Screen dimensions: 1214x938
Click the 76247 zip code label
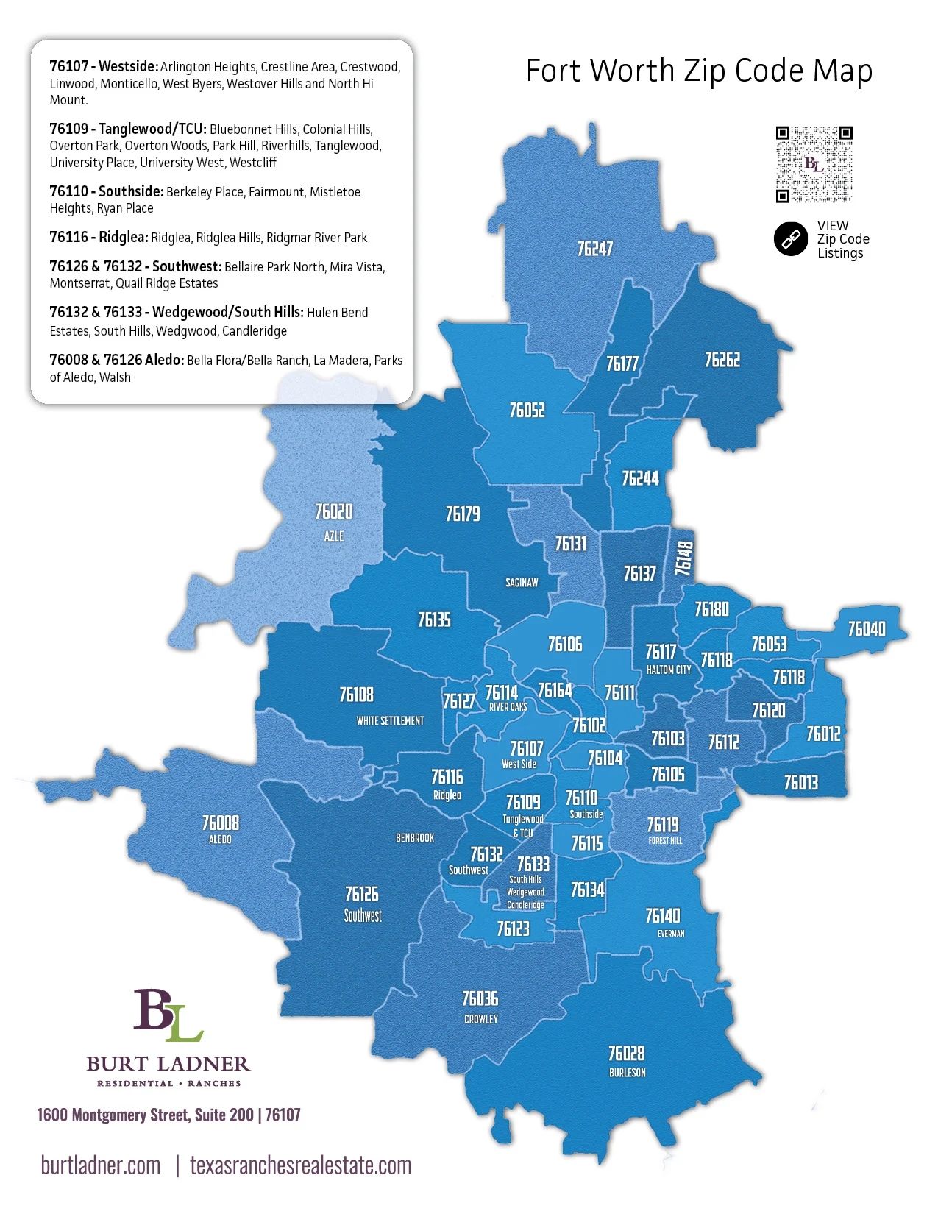pyautogui.click(x=594, y=249)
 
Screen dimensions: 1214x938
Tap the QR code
pyautogui.click(x=814, y=165)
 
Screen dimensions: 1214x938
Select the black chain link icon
pyautogui.click(x=791, y=239)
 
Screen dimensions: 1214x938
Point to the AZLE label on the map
pyautogui.click(x=334, y=536)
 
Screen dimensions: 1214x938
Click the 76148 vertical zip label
pyautogui.click(x=684, y=558)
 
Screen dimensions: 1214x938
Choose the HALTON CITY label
pyautogui.click(x=669, y=670)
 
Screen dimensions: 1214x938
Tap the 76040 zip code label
pyautogui.click(x=867, y=629)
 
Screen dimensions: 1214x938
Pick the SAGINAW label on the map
pyautogui.click(x=522, y=583)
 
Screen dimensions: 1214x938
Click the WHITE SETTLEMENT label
pyautogui.click(x=390, y=721)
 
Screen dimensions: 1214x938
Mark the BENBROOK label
pyautogui.click(x=415, y=838)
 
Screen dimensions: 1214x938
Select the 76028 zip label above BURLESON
pyautogui.click(x=626, y=1054)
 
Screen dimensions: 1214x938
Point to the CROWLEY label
pyautogui.click(x=481, y=1020)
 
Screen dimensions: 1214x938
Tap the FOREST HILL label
pyautogui.click(x=665, y=841)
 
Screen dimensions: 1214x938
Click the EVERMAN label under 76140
pyautogui.click(x=671, y=934)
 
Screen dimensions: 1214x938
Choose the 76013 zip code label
pyautogui.click(x=800, y=783)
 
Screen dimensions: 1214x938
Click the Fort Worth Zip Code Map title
pyautogui.click(x=699, y=71)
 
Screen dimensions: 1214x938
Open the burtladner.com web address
pyautogui.click(x=101, y=1165)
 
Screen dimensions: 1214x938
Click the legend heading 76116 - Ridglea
pyautogui.click(x=99, y=238)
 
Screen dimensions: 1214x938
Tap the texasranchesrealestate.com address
pyautogui.click(x=300, y=1165)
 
